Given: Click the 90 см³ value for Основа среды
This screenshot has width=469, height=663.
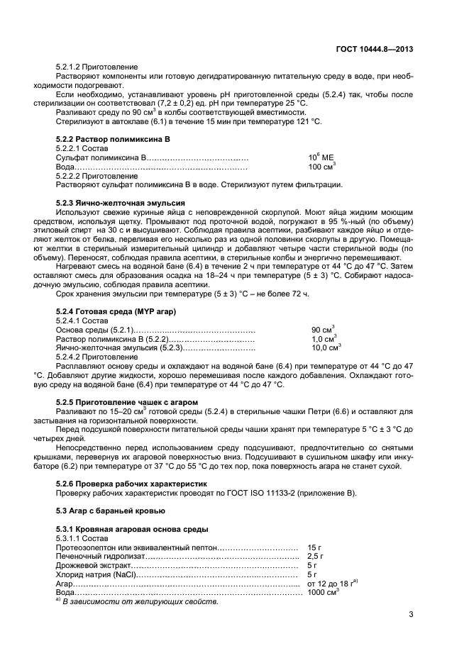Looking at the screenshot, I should pyautogui.click(x=322, y=330).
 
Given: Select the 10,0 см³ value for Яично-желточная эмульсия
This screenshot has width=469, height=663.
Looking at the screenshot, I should pyautogui.click(x=326, y=347).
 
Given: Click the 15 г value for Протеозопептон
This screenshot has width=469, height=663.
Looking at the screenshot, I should pyautogui.click(x=314, y=548).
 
